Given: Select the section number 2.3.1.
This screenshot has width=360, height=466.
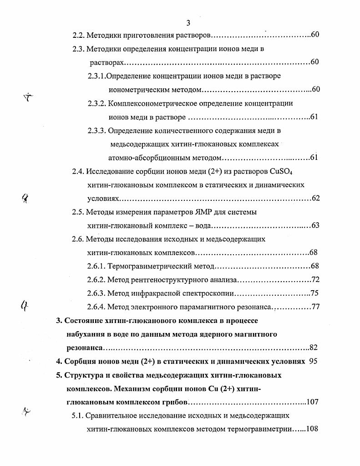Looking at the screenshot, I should [x=96, y=76].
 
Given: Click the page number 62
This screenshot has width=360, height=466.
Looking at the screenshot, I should [x=315, y=199].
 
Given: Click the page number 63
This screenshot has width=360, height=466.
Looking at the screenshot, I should [x=315, y=225].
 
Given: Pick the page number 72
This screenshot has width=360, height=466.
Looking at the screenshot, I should [x=315, y=279].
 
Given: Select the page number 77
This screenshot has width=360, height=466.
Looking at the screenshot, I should [x=315, y=307].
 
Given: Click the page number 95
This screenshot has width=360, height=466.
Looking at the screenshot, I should [x=313, y=362].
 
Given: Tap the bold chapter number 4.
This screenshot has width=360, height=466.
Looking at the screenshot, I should [x=58, y=362].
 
